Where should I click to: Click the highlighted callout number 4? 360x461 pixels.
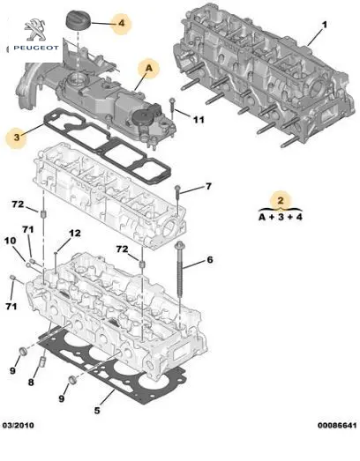tap(121, 23)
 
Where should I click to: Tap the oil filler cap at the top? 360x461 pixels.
tap(78, 20)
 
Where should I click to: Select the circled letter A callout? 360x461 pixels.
tap(149, 69)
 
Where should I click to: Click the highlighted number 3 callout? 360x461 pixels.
tap(17, 137)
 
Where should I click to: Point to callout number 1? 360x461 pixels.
tap(324, 25)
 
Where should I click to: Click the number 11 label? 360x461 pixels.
tap(199, 120)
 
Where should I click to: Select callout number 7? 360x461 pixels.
tap(208, 186)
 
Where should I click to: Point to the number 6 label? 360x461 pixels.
tap(210, 260)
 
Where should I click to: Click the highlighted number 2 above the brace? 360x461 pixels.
tap(281, 200)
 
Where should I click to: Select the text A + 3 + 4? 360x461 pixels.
tap(281, 217)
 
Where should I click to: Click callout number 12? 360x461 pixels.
tap(75, 234)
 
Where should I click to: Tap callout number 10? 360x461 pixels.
tap(10, 241)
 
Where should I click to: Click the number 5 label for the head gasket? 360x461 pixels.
tap(97, 410)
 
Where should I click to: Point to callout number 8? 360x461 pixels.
tap(31, 382)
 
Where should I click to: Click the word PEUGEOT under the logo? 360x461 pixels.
tap(36, 48)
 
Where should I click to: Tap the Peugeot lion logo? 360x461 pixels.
tap(35, 30)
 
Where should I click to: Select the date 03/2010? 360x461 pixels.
tap(18, 425)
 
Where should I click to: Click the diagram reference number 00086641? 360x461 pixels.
tap(337, 425)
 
